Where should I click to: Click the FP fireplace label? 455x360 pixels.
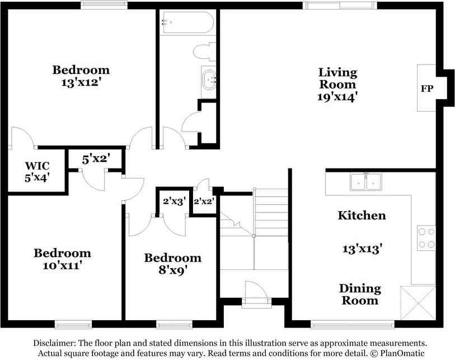click(x=427, y=88)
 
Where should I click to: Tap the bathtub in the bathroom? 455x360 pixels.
click(x=188, y=22)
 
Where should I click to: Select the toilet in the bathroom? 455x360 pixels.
click(x=205, y=52)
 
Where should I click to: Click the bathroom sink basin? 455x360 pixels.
click(x=209, y=79)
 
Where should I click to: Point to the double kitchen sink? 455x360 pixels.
click(x=365, y=182)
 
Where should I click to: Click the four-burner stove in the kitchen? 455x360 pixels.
click(x=426, y=238)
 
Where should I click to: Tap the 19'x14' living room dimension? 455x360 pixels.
click(x=337, y=97)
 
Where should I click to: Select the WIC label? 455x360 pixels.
click(x=37, y=166)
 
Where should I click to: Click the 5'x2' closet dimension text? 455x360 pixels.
click(x=96, y=160)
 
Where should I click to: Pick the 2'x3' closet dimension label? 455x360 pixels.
click(x=174, y=201)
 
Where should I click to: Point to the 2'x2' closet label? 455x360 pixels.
click(x=204, y=201)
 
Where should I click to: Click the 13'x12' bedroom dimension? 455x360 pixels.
click(x=81, y=83)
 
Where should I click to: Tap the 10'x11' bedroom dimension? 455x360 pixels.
click(x=62, y=265)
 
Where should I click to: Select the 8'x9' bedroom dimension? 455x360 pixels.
click(x=173, y=270)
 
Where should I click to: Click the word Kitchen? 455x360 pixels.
click(x=362, y=216)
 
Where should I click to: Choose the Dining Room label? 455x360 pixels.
click(x=360, y=294)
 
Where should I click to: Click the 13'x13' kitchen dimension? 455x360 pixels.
click(x=362, y=249)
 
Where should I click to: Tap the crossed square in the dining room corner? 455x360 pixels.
click(x=418, y=303)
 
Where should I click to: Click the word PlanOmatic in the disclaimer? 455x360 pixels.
click(x=402, y=353)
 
